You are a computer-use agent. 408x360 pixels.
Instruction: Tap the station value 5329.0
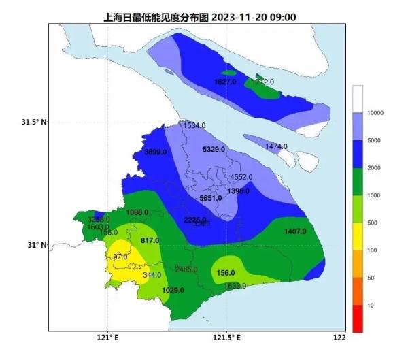click(x=214, y=149)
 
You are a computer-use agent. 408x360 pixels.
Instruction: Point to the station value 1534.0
click(x=194, y=126)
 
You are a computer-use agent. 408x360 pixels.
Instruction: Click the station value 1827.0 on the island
click(x=224, y=82)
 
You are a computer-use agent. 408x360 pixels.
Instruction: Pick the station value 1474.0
click(x=276, y=146)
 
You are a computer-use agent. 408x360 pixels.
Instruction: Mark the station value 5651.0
click(x=210, y=198)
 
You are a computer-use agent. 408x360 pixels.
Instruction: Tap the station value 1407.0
click(x=295, y=231)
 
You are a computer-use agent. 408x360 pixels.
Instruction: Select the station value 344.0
click(x=152, y=276)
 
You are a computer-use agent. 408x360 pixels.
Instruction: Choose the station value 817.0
click(x=150, y=240)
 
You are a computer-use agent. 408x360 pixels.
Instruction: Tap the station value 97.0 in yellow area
click(x=120, y=257)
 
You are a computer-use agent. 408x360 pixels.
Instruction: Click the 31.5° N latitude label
click(x=33, y=122)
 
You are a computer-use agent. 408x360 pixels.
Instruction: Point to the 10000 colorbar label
click(x=375, y=112)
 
